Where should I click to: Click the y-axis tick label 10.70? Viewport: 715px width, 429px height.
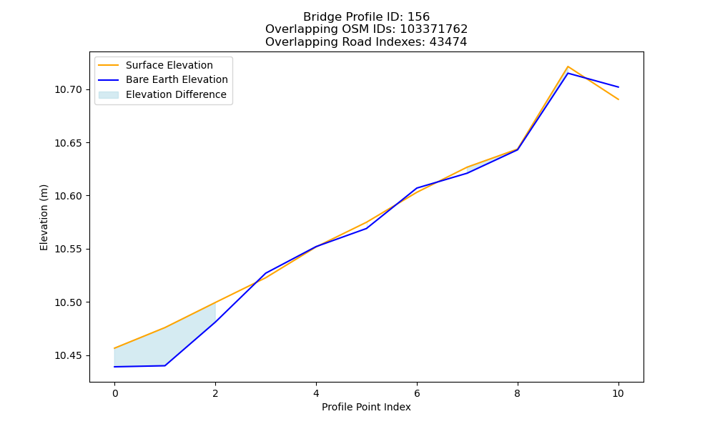69,89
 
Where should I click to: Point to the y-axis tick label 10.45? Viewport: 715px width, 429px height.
69,355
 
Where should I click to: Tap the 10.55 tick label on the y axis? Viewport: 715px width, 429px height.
69,250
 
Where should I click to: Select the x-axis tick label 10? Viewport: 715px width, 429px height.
618,393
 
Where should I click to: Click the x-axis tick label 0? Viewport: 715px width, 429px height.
115,393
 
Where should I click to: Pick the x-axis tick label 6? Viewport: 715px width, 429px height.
417,393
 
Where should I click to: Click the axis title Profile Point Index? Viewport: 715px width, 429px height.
366,407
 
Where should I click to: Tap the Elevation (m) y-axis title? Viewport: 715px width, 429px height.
44,217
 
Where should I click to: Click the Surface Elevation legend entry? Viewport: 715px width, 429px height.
156,65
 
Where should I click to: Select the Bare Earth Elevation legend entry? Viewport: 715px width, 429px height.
163,80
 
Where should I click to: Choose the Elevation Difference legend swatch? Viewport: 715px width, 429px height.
109,95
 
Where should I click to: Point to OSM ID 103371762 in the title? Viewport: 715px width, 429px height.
434,29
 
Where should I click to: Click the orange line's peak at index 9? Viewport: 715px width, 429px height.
568,66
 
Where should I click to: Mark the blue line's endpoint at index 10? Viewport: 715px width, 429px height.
618,87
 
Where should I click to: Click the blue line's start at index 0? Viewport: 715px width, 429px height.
114,367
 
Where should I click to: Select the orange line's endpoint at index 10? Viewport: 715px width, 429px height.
618,99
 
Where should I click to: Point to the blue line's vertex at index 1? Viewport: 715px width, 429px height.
165,365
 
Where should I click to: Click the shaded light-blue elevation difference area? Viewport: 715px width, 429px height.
155,349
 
